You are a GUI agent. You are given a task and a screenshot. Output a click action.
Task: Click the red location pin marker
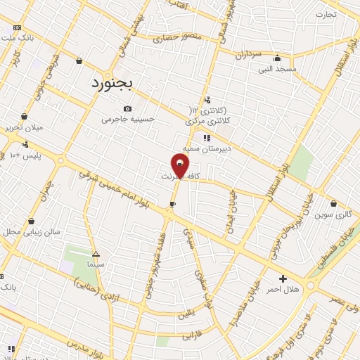[x=181, y=165]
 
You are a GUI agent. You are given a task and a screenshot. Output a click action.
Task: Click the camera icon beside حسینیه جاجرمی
[x=127, y=108]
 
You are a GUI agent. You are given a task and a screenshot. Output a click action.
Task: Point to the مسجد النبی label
[x=278, y=70]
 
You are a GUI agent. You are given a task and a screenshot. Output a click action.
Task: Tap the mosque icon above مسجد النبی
[x=277, y=59]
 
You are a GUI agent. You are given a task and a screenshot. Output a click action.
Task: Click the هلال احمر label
[x=285, y=290]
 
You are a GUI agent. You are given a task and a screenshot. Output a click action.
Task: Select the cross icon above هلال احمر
[x=283, y=278]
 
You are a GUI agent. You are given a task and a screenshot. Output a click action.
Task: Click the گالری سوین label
[x=333, y=213]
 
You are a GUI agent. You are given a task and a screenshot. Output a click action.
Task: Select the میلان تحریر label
[x=25, y=128]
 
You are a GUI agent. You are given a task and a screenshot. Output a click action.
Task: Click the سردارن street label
[x=249, y=53]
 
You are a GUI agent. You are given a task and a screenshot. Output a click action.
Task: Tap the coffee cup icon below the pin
[x=172, y=204]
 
